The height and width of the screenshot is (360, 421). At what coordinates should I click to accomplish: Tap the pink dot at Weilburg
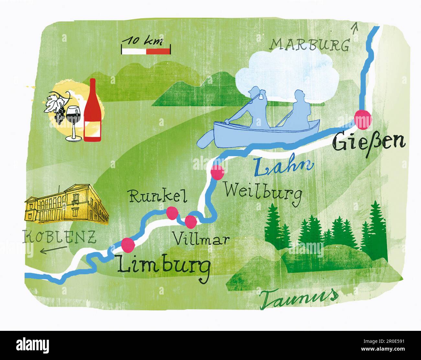point(217,172)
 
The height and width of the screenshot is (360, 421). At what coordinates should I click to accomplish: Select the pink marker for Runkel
point(172,213)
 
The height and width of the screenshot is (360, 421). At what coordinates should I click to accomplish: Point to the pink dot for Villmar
point(191,222)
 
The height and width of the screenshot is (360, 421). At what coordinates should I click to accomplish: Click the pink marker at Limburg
point(128,245)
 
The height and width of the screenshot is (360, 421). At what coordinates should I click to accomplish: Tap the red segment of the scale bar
point(158,51)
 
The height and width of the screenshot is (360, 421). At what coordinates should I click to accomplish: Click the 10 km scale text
point(141,41)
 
